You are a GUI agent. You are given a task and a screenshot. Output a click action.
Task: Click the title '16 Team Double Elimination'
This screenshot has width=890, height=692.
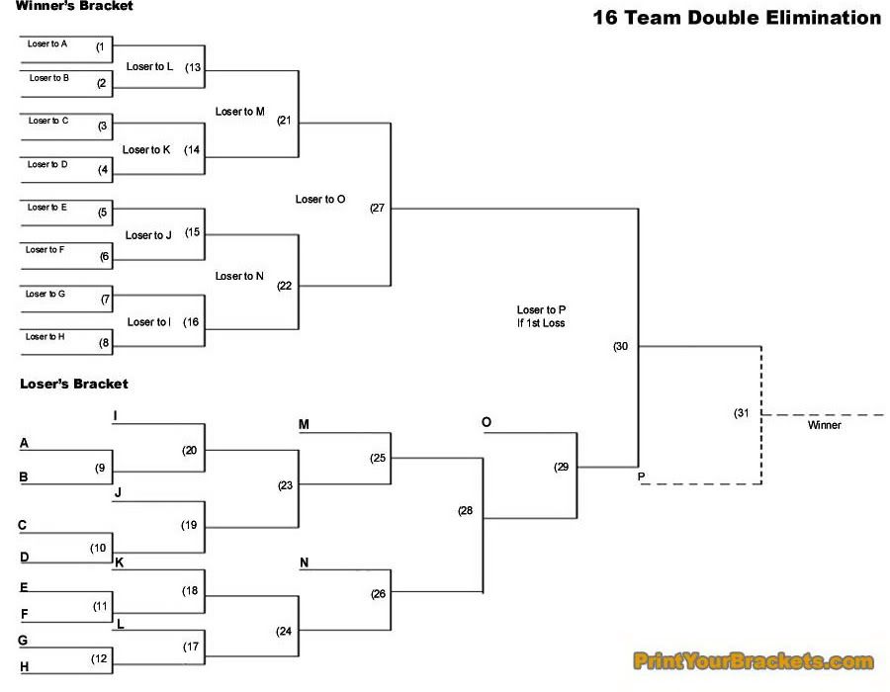point(737,17)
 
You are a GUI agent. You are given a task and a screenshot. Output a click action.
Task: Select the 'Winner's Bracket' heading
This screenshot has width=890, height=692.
point(74,6)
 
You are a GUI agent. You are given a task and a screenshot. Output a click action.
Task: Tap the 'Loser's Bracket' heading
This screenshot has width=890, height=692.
point(74,384)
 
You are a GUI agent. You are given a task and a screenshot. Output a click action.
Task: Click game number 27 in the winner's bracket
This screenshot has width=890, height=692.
point(377,209)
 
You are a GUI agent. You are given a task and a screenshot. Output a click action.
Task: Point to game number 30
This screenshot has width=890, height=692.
point(621,347)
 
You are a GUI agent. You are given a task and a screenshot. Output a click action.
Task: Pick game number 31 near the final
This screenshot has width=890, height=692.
point(742,412)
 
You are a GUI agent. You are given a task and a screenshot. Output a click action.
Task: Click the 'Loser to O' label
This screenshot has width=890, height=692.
point(320,200)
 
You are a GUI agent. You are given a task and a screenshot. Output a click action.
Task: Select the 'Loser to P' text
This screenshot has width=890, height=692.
point(541,309)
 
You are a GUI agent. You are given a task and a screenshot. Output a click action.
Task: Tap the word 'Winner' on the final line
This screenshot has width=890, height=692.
point(824,425)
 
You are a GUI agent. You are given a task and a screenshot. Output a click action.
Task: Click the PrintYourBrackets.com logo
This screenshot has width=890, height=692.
point(754,661)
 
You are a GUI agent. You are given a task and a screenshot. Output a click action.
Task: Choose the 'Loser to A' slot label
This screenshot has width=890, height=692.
point(47,44)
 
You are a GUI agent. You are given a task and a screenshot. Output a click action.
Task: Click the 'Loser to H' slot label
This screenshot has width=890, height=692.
point(45,337)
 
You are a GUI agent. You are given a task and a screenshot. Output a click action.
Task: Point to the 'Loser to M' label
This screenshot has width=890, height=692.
point(240,112)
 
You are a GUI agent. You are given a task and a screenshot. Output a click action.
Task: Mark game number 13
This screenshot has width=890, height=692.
point(194,67)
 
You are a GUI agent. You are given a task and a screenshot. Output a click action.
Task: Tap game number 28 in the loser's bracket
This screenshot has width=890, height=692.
point(466,511)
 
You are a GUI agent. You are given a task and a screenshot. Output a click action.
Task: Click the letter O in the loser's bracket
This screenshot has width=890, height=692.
point(487,423)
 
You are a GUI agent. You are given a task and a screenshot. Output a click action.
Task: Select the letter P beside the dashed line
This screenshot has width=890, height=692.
point(642,477)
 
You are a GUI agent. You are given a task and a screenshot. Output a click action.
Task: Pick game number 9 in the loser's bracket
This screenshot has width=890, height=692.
point(100,468)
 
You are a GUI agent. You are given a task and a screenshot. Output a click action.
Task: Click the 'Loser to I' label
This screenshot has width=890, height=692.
point(149,322)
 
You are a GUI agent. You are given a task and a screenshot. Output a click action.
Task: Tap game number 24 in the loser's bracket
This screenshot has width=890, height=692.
point(284,631)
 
